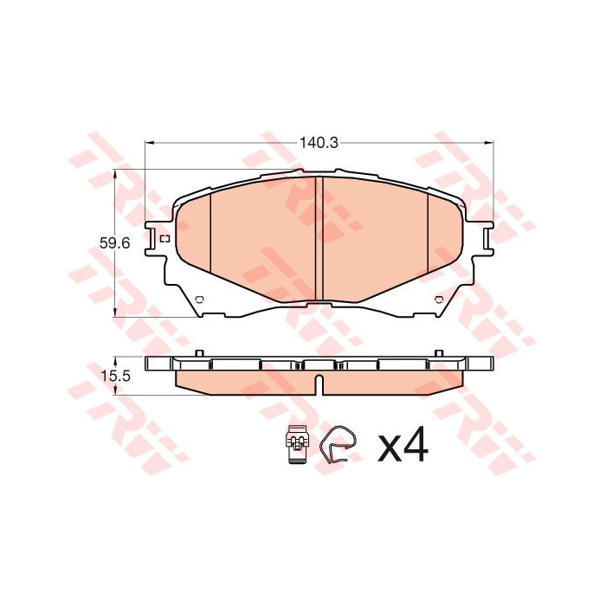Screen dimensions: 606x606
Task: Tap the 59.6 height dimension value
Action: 115,244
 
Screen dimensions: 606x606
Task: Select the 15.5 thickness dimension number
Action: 115,376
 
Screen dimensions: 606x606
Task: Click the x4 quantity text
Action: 403,446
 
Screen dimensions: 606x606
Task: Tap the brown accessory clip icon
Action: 297,446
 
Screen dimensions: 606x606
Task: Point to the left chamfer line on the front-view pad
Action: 210,229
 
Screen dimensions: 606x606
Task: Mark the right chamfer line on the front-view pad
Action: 429,229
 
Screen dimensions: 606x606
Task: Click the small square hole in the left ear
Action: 162,236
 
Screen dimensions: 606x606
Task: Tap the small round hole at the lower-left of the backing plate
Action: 198,300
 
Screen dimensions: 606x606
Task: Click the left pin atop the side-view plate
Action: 200,352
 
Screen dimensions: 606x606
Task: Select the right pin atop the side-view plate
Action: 438,352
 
